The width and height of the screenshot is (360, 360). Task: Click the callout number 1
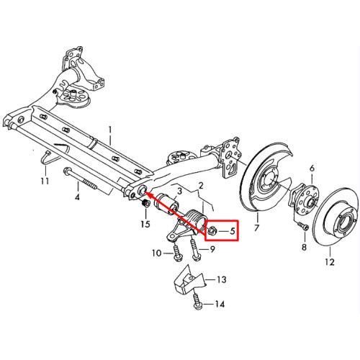tap(110, 131)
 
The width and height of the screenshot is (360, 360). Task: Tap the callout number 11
tap(45, 181)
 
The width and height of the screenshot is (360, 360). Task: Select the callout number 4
tap(77, 197)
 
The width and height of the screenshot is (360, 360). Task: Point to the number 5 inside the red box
tap(232, 231)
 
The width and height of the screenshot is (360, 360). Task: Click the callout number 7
tap(256, 228)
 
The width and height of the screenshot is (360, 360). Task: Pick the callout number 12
tap(330, 261)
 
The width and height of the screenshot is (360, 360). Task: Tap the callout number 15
tap(145, 224)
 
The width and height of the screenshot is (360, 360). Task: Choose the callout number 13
tap(222, 279)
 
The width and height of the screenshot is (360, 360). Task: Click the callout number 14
tap(220, 305)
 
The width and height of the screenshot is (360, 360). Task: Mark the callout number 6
tap(312, 168)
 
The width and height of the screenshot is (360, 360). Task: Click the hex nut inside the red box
tap(212, 230)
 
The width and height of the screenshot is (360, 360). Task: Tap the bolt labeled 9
tap(194, 250)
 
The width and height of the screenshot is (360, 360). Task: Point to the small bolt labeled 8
tap(303, 226)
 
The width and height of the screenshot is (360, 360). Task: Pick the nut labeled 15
tap(145, 204)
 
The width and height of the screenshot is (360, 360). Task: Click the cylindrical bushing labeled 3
tap(166, 204)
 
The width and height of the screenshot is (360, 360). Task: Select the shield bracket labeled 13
tap(189, 279)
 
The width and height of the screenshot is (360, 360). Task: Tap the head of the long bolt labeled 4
tap(66, 171)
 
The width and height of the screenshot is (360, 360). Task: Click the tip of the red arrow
tap(145, 192)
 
